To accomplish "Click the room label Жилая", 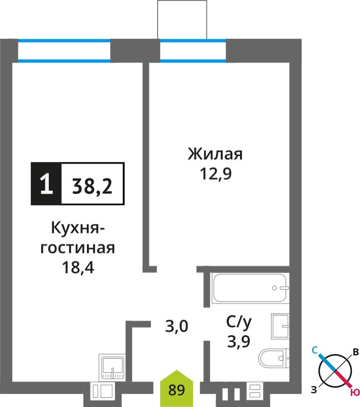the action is coord(215,154).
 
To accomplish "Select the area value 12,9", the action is coord(216,173).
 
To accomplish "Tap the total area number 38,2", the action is coord(93,186).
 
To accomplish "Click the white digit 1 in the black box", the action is coord(47,184).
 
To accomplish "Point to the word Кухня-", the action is coord(78,228).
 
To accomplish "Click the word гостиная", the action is coord(78,248).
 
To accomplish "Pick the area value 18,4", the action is coord(78,268).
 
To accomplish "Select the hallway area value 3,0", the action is coord(176,326).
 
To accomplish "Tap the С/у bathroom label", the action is coord(238,323).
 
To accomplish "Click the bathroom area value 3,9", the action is coord(238,341).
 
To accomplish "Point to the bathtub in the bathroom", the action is coord(251,287).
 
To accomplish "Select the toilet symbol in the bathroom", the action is coord(274,358).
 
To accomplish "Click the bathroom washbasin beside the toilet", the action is coord(280,326).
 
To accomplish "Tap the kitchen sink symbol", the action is coord(112,367).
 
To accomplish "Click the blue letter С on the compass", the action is coord(315,351).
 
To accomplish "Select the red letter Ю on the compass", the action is coord(355,400).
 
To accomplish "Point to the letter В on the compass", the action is coord(355,352).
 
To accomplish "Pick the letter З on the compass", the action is coord(314,390).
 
